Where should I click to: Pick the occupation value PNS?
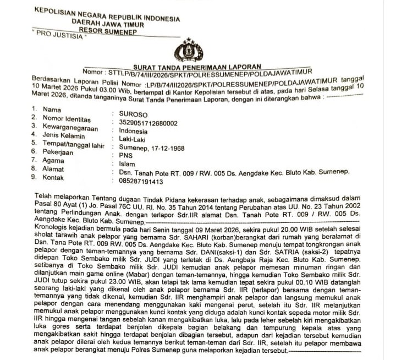pos(125,156)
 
